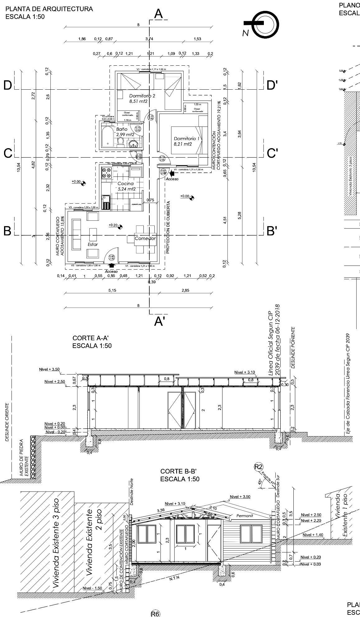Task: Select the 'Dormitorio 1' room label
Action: (186, 138)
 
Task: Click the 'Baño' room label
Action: (122, 129)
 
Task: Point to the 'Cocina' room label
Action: (125, 183)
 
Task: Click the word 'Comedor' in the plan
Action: (145, 238)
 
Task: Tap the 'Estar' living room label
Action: (93, 244)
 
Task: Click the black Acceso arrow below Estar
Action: (112, 265)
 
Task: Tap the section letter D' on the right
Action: (272, 85)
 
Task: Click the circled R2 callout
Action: (259, 467)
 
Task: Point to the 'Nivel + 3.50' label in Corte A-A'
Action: (49, 369)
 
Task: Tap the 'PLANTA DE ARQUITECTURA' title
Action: (49, 9)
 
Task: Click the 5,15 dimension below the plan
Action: (112, 290)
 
